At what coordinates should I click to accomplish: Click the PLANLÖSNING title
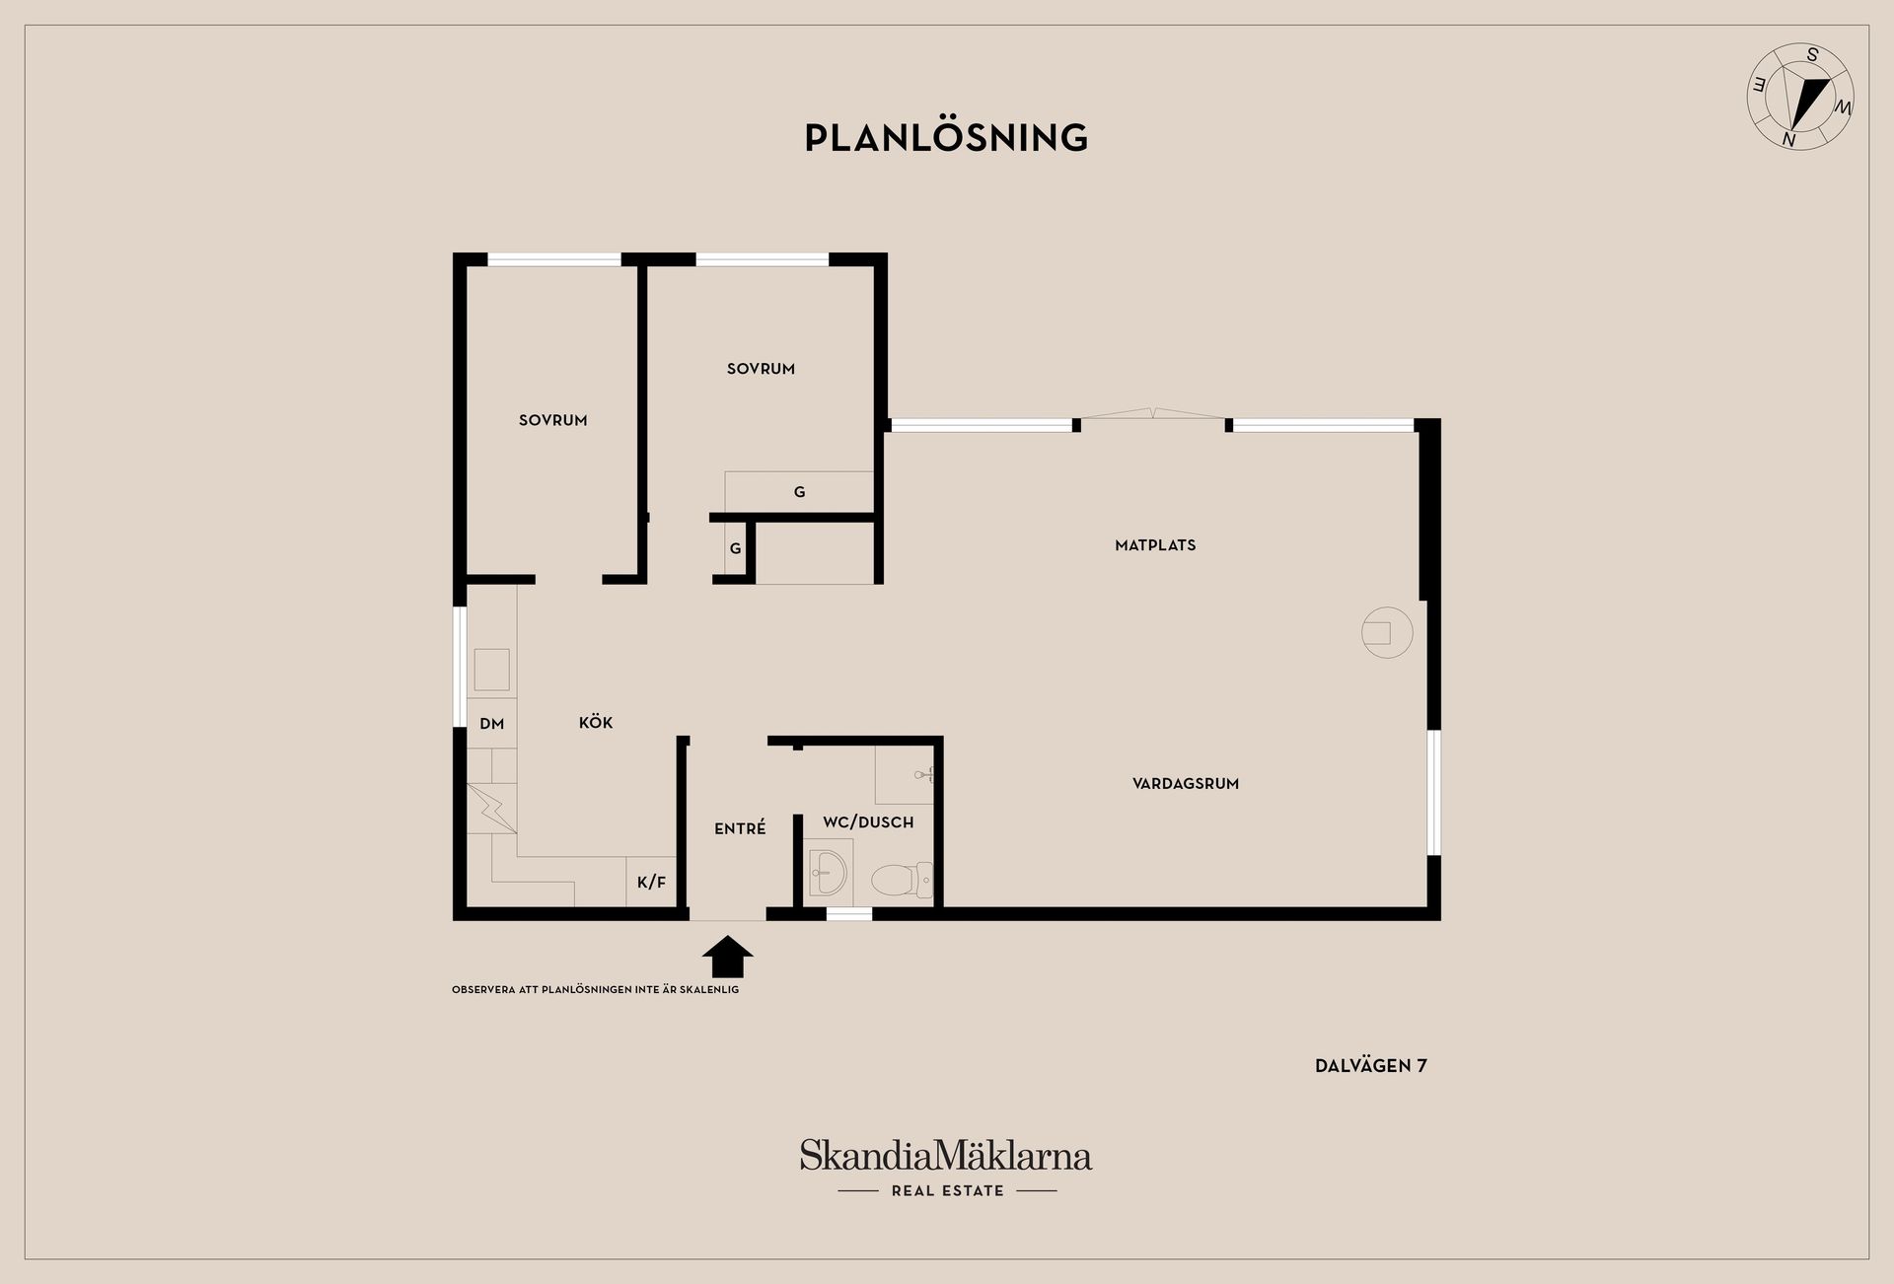pyautogui.click(x=946, y=137)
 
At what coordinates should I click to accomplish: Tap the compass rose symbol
pyautogui.click(x=1800, y=97)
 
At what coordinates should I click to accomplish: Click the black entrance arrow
pyautogui.click(x=727, y=957)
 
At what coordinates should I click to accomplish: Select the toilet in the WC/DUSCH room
pyautogui.click(x=902, y=881)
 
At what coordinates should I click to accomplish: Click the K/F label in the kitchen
pyautogui.click(x=651, y=883)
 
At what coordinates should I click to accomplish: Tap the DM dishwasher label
pyautogui.click(x=491, y=724)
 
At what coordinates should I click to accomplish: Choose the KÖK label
pyautogui.click(x=596, y=723)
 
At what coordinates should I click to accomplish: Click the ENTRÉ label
pyautogui.click(x=740, y=828)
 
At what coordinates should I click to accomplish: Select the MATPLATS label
pyautogui.click(x=1155, y=545)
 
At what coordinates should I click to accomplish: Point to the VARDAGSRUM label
pyautogui.click(x=1186, y=784)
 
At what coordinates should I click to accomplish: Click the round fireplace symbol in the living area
pyautogui.click(x=1387, y=632)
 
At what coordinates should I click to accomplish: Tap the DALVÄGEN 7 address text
pyautogui.click(x=1371, y=1065)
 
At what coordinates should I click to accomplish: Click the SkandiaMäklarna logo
pyautogui.click(x=946, y=1167)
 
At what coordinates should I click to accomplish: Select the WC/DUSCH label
pyautogui.click(x=868, y=821)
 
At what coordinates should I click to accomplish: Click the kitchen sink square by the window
pyautogui.click(x=491, y=670)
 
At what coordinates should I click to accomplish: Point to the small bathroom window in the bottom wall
pyautogui.click(x=849, y=914)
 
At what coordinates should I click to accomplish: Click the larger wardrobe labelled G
pyautogui.click(x=799, y=491)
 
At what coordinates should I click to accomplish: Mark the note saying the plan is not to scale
pyautogui.click(x=595, y=989)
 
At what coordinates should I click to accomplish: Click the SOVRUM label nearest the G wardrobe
pyautogui.click(x=761, y=369)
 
